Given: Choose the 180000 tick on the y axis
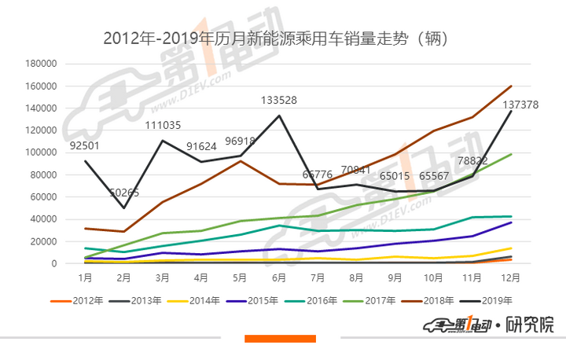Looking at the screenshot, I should click(41, 64).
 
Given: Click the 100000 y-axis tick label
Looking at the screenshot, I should click(41, 152).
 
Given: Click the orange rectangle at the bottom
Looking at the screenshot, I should click(280, 339).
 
